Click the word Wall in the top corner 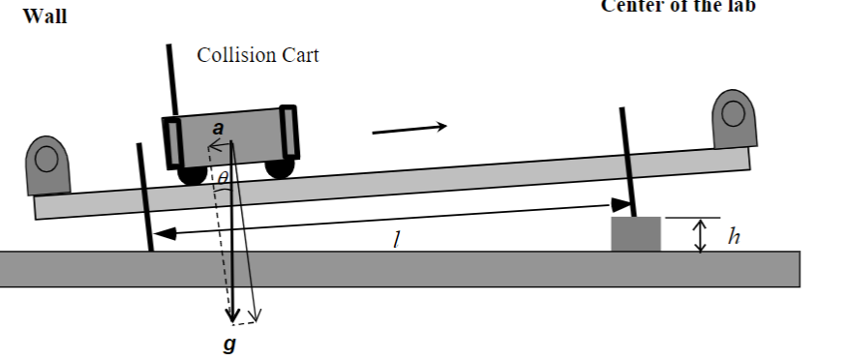pyautogui.click(x=45, y=16)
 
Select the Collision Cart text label pyautogui.click(x=257, y=55)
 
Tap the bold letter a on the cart pyautogui.click(x=219, y=128)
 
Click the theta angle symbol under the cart pyautogui.click(x=223, y=177)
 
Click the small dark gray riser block pyautogui.click(x=636, y=234)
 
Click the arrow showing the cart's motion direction pyautogui.click(x=409, y=127)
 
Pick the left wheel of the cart pyautogui.click(x=192, y=175)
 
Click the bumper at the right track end pyautogui.click(x=733, y=120)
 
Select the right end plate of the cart pyautogui.click(x=287, y=132)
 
